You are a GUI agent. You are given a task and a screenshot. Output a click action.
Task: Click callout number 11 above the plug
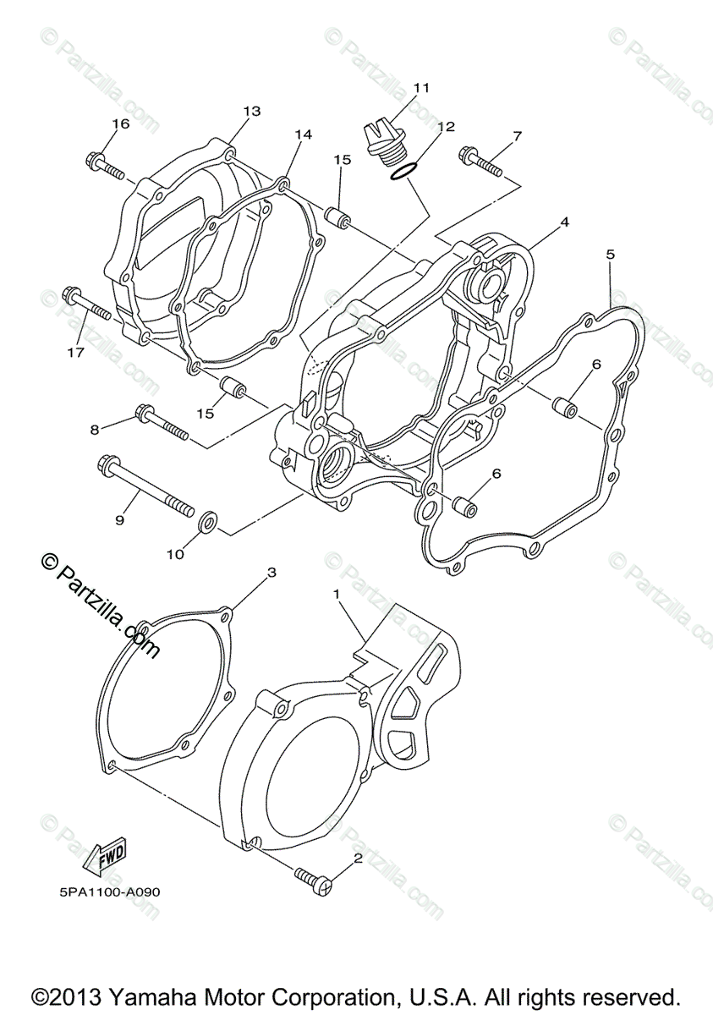[421, 88]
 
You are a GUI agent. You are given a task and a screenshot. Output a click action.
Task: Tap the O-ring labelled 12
[403, 172]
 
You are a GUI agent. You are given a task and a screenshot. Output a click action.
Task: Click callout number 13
[251, 111]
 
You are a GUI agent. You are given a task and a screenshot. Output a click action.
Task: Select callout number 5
[610, 253]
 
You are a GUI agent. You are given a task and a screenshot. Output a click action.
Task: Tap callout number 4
[564, 222]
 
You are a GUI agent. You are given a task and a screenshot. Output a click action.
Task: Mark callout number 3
[271, 573]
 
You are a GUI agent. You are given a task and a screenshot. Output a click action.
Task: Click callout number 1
[337, 595]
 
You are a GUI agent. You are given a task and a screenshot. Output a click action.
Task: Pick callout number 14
[303, 134]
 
